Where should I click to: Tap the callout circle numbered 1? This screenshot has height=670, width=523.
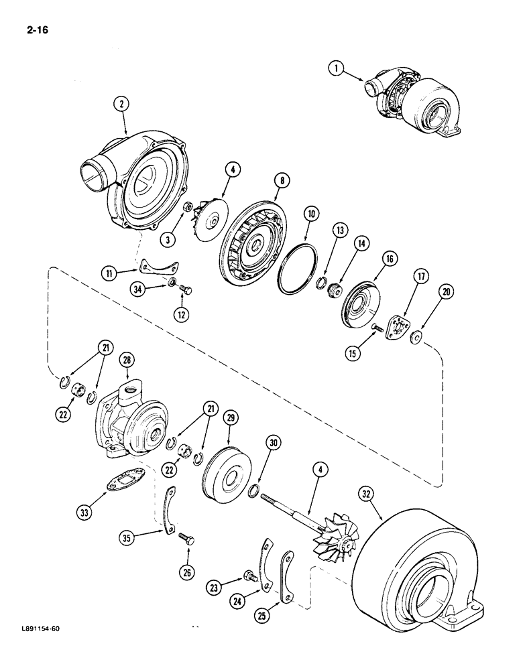tap(337, 67)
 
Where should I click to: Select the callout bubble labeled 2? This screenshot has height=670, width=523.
tap(121, 103)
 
